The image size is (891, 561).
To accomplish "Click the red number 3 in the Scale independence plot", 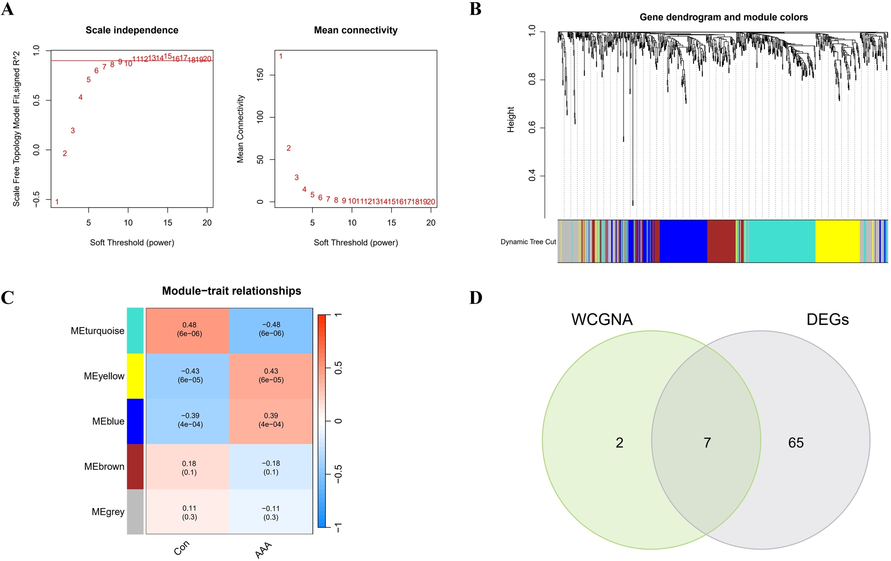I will click(x=73, y=131).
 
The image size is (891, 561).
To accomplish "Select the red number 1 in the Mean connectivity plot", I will click(x=281, y=56).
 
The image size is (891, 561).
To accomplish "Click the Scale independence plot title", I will click(x=132, y=30).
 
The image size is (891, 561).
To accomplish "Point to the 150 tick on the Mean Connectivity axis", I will click(x=260, y=75).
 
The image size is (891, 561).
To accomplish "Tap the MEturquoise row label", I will click(x=97, y=331).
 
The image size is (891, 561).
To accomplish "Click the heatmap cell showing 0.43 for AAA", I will click(x=271, y=376).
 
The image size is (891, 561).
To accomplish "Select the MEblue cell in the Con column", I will click(x=190, y=420).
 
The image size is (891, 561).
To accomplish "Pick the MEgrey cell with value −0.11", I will click(x=271, y=513).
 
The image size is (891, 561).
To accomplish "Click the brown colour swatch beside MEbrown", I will click(x=135, y=466).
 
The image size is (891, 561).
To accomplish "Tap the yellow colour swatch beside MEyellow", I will click(x=135, y=376).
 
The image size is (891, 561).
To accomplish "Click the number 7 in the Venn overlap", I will click(x=707, y=442).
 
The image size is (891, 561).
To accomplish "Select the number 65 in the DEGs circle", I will click(x=796, y=442).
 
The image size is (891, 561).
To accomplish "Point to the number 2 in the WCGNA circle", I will click(x=619, y=442).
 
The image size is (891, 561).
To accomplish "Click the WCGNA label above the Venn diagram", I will click(x=602, y=319).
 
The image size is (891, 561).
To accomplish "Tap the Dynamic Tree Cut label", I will click(x=528, y=242).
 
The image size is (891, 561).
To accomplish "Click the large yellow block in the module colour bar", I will click(x=837, y=241).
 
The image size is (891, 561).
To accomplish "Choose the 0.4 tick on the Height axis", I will click(x=532, y=176).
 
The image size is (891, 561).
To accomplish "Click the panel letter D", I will click(x=475, y=298).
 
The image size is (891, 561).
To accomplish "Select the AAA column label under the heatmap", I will click(x=264, y=550).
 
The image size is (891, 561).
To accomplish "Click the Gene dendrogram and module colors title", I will click(x=723, y=17).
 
